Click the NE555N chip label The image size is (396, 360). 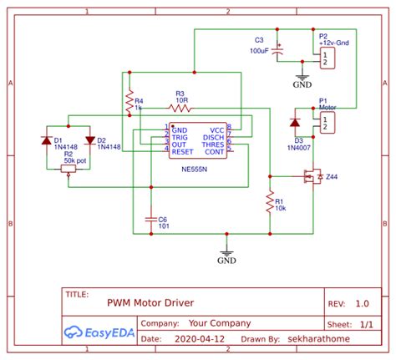pos(196,167)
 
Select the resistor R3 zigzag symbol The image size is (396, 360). pos(180,108)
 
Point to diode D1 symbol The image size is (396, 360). pos(46,139)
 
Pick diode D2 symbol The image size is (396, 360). pos(89,139)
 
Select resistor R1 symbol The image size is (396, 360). pos(270,200)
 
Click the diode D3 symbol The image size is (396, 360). pos(294,122)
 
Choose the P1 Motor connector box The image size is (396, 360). pos(327,122)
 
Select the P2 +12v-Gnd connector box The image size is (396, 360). pos(327,57)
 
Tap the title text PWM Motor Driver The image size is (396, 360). pos(150,304)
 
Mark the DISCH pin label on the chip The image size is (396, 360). pos(213,138)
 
